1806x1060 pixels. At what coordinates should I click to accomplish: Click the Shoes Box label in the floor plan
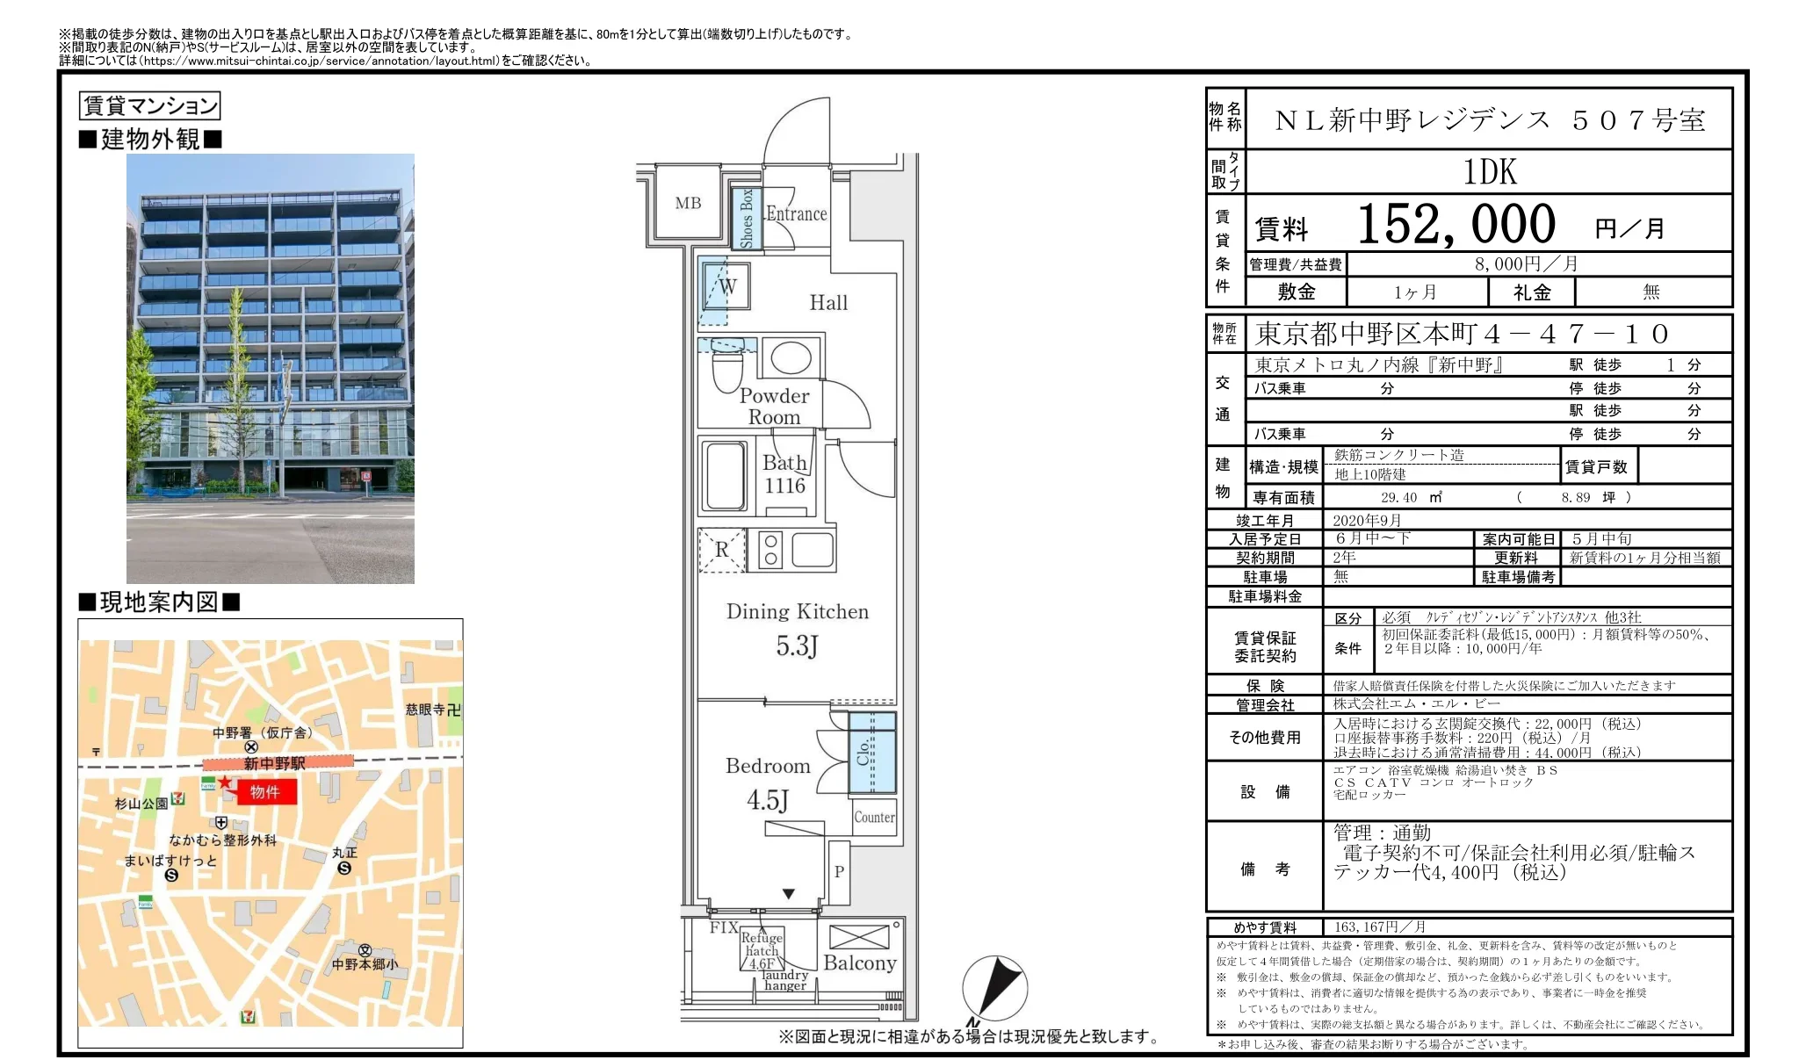tap(747, 218)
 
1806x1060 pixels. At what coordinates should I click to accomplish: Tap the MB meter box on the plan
tap(688, 203)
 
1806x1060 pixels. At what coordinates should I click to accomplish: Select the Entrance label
tap(796, 213)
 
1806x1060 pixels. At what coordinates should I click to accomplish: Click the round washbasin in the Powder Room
tap(791, 357)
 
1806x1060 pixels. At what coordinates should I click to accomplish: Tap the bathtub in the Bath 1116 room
tap(726, 476)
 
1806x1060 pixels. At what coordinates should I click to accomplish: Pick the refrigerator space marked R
tap(721, 550)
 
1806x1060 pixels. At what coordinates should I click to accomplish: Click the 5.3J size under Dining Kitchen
tap(796, 646)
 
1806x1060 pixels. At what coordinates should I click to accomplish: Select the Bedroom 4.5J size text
tap(767, 800)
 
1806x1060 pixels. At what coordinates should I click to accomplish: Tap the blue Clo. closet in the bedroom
tap(872, 753)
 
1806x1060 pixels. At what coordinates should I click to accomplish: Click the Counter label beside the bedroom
tap(874, 817)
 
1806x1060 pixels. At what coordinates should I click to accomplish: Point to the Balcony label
tap(859, 963)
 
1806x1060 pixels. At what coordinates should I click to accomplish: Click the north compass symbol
tap(994, 988)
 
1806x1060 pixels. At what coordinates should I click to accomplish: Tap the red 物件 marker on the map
tap(264, 792)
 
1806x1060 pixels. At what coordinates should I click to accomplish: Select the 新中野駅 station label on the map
tap(274, 764)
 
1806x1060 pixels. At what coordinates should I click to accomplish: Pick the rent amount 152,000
tap(1456, 225)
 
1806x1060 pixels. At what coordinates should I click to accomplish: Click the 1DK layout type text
tap(1489, 172)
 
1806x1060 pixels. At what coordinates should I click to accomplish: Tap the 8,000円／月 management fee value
tap(1526, 264)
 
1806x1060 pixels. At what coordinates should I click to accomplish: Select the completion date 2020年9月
tap(1367, 521)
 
